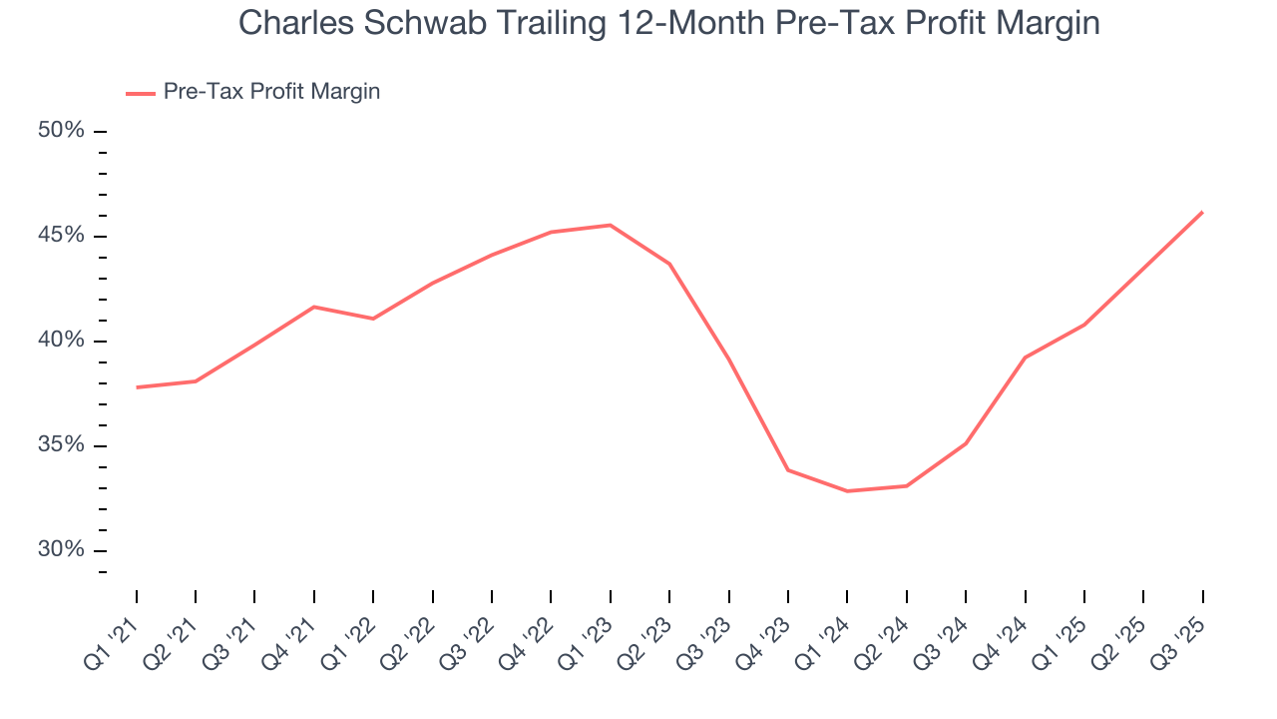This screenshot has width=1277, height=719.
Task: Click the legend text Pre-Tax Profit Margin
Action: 271,92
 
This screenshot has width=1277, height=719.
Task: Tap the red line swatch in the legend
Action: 141,93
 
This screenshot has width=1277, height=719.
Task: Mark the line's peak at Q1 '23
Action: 610,225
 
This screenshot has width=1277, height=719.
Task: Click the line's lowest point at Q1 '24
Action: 847,491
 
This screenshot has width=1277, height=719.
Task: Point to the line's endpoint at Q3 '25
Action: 1202,212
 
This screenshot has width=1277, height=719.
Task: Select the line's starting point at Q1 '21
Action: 137,387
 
